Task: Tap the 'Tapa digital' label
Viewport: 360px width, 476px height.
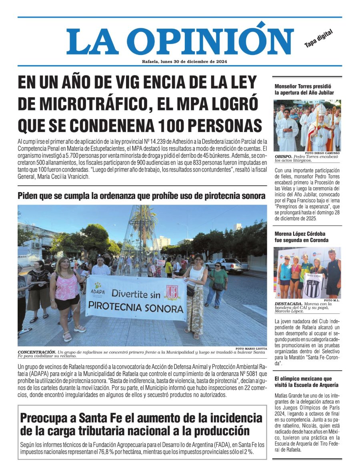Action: pyautogui.click(x=318, y=40)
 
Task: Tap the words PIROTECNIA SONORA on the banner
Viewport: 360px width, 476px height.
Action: pyautogui.click(x=136, y=308)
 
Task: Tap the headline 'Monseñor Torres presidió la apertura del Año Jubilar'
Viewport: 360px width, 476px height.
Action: pyautogui.click(x=304, y=89)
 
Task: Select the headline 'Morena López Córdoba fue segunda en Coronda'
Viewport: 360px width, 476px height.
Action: pyautogui.click(x=301, y=237)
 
